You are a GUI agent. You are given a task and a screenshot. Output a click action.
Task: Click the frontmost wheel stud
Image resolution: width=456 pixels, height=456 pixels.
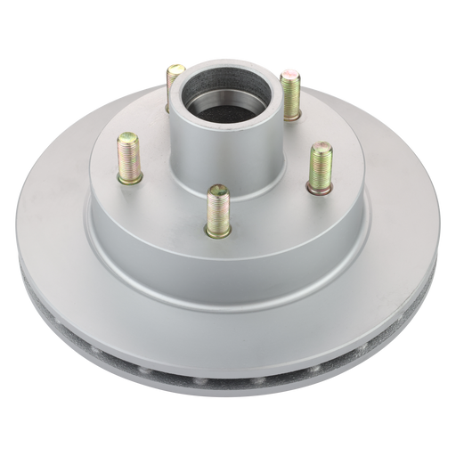pyautogui.click(x=215, y=212)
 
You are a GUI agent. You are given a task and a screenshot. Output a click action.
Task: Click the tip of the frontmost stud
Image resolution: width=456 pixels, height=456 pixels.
pyautogui.click(x=214, y=190)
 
